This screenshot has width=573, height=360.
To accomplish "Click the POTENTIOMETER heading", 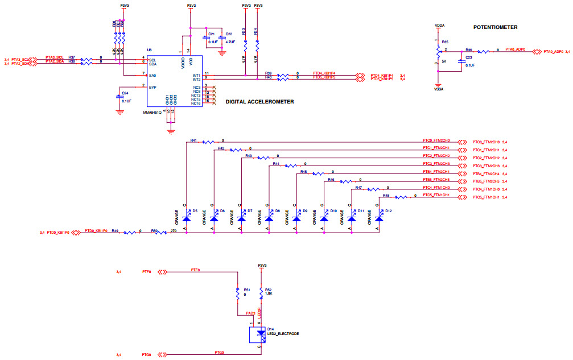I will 499,27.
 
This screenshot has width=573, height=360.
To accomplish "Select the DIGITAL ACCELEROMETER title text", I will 259,101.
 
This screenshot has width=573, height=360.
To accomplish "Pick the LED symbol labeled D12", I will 378,218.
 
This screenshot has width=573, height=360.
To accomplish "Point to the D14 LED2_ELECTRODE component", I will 261,334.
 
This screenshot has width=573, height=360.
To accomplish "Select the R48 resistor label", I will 386,195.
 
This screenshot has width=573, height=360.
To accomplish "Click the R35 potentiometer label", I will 445,42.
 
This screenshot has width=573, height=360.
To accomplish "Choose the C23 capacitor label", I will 469,58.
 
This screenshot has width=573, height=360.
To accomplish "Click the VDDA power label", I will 439,26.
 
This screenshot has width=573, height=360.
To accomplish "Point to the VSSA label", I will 439,89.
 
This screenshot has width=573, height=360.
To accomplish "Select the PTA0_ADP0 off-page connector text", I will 553,52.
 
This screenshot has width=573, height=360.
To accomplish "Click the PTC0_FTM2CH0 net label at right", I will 485,141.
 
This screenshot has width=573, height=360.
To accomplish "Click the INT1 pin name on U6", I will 196,75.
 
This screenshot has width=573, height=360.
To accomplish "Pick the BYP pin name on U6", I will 152,87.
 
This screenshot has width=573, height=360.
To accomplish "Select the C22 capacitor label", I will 229,34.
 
